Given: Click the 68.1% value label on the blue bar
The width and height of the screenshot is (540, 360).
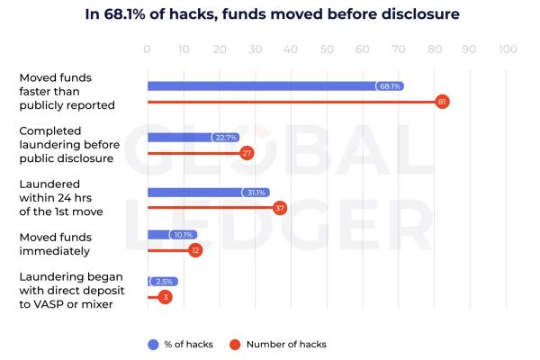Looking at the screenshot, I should point(390,86).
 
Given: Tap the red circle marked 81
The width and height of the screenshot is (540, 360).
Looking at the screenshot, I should point(442,102).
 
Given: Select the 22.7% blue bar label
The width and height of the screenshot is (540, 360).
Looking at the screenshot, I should point(226,138).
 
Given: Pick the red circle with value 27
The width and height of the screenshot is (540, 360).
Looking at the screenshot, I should point(247,153).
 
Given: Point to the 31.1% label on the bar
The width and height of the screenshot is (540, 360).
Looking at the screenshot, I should point(256,193).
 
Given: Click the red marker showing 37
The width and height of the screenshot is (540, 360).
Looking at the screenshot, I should point(280,208).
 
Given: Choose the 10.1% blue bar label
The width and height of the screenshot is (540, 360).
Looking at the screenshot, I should point(183,235).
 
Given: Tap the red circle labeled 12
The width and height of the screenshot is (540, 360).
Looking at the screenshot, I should point(196,250).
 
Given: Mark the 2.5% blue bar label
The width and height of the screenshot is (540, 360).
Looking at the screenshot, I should point(163,282).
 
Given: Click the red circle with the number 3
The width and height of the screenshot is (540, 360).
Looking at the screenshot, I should point(165,297).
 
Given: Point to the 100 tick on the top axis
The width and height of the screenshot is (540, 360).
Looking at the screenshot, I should point(507,50).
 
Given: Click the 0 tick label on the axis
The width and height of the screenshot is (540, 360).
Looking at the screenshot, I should point(148,50).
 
